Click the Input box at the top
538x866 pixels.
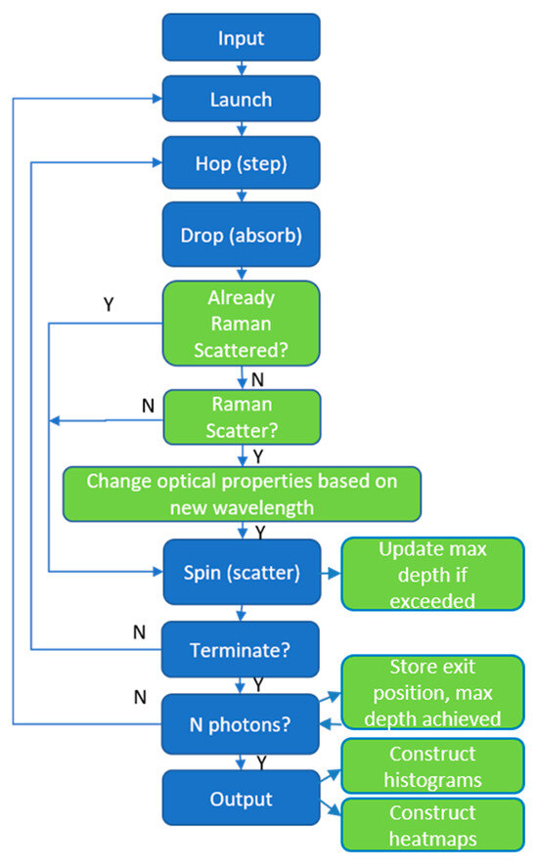pyautogui.click(x=241, y=37)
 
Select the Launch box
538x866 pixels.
pyautogui.click(x=241, y=100)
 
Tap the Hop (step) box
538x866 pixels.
pyautogui.click(x=241, y=162)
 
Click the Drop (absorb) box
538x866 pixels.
pyautogui.click(x=241, y=235)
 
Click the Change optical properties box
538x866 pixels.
pyautogui.click(x=242, y=494)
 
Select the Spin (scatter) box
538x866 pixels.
pyautogui.click(x=241, y=571)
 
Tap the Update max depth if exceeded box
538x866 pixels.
pyautogui.click(x=431, y=573)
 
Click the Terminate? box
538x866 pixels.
pyautogui.click(x=241, y=647)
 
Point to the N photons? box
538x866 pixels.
pyautogui.click(x=241, y=724)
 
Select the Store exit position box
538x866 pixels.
pyautogui.click(x=431, y=693)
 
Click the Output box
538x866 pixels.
pyautogui.click(x=241, y=799)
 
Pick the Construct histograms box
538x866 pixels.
pyautogui.click(x=431, y=767)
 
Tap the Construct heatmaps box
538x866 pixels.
pyautogui.click(x=431, y=826)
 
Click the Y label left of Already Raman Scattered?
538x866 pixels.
pyautogui.click(x=109, y=304)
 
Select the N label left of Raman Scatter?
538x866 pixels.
pyautogui.click(x=148, y=404)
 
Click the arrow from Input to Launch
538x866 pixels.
pyautogui.click(x=241, y=68)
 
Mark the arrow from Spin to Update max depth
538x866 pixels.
pyautogui.click(x=330, y=572)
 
